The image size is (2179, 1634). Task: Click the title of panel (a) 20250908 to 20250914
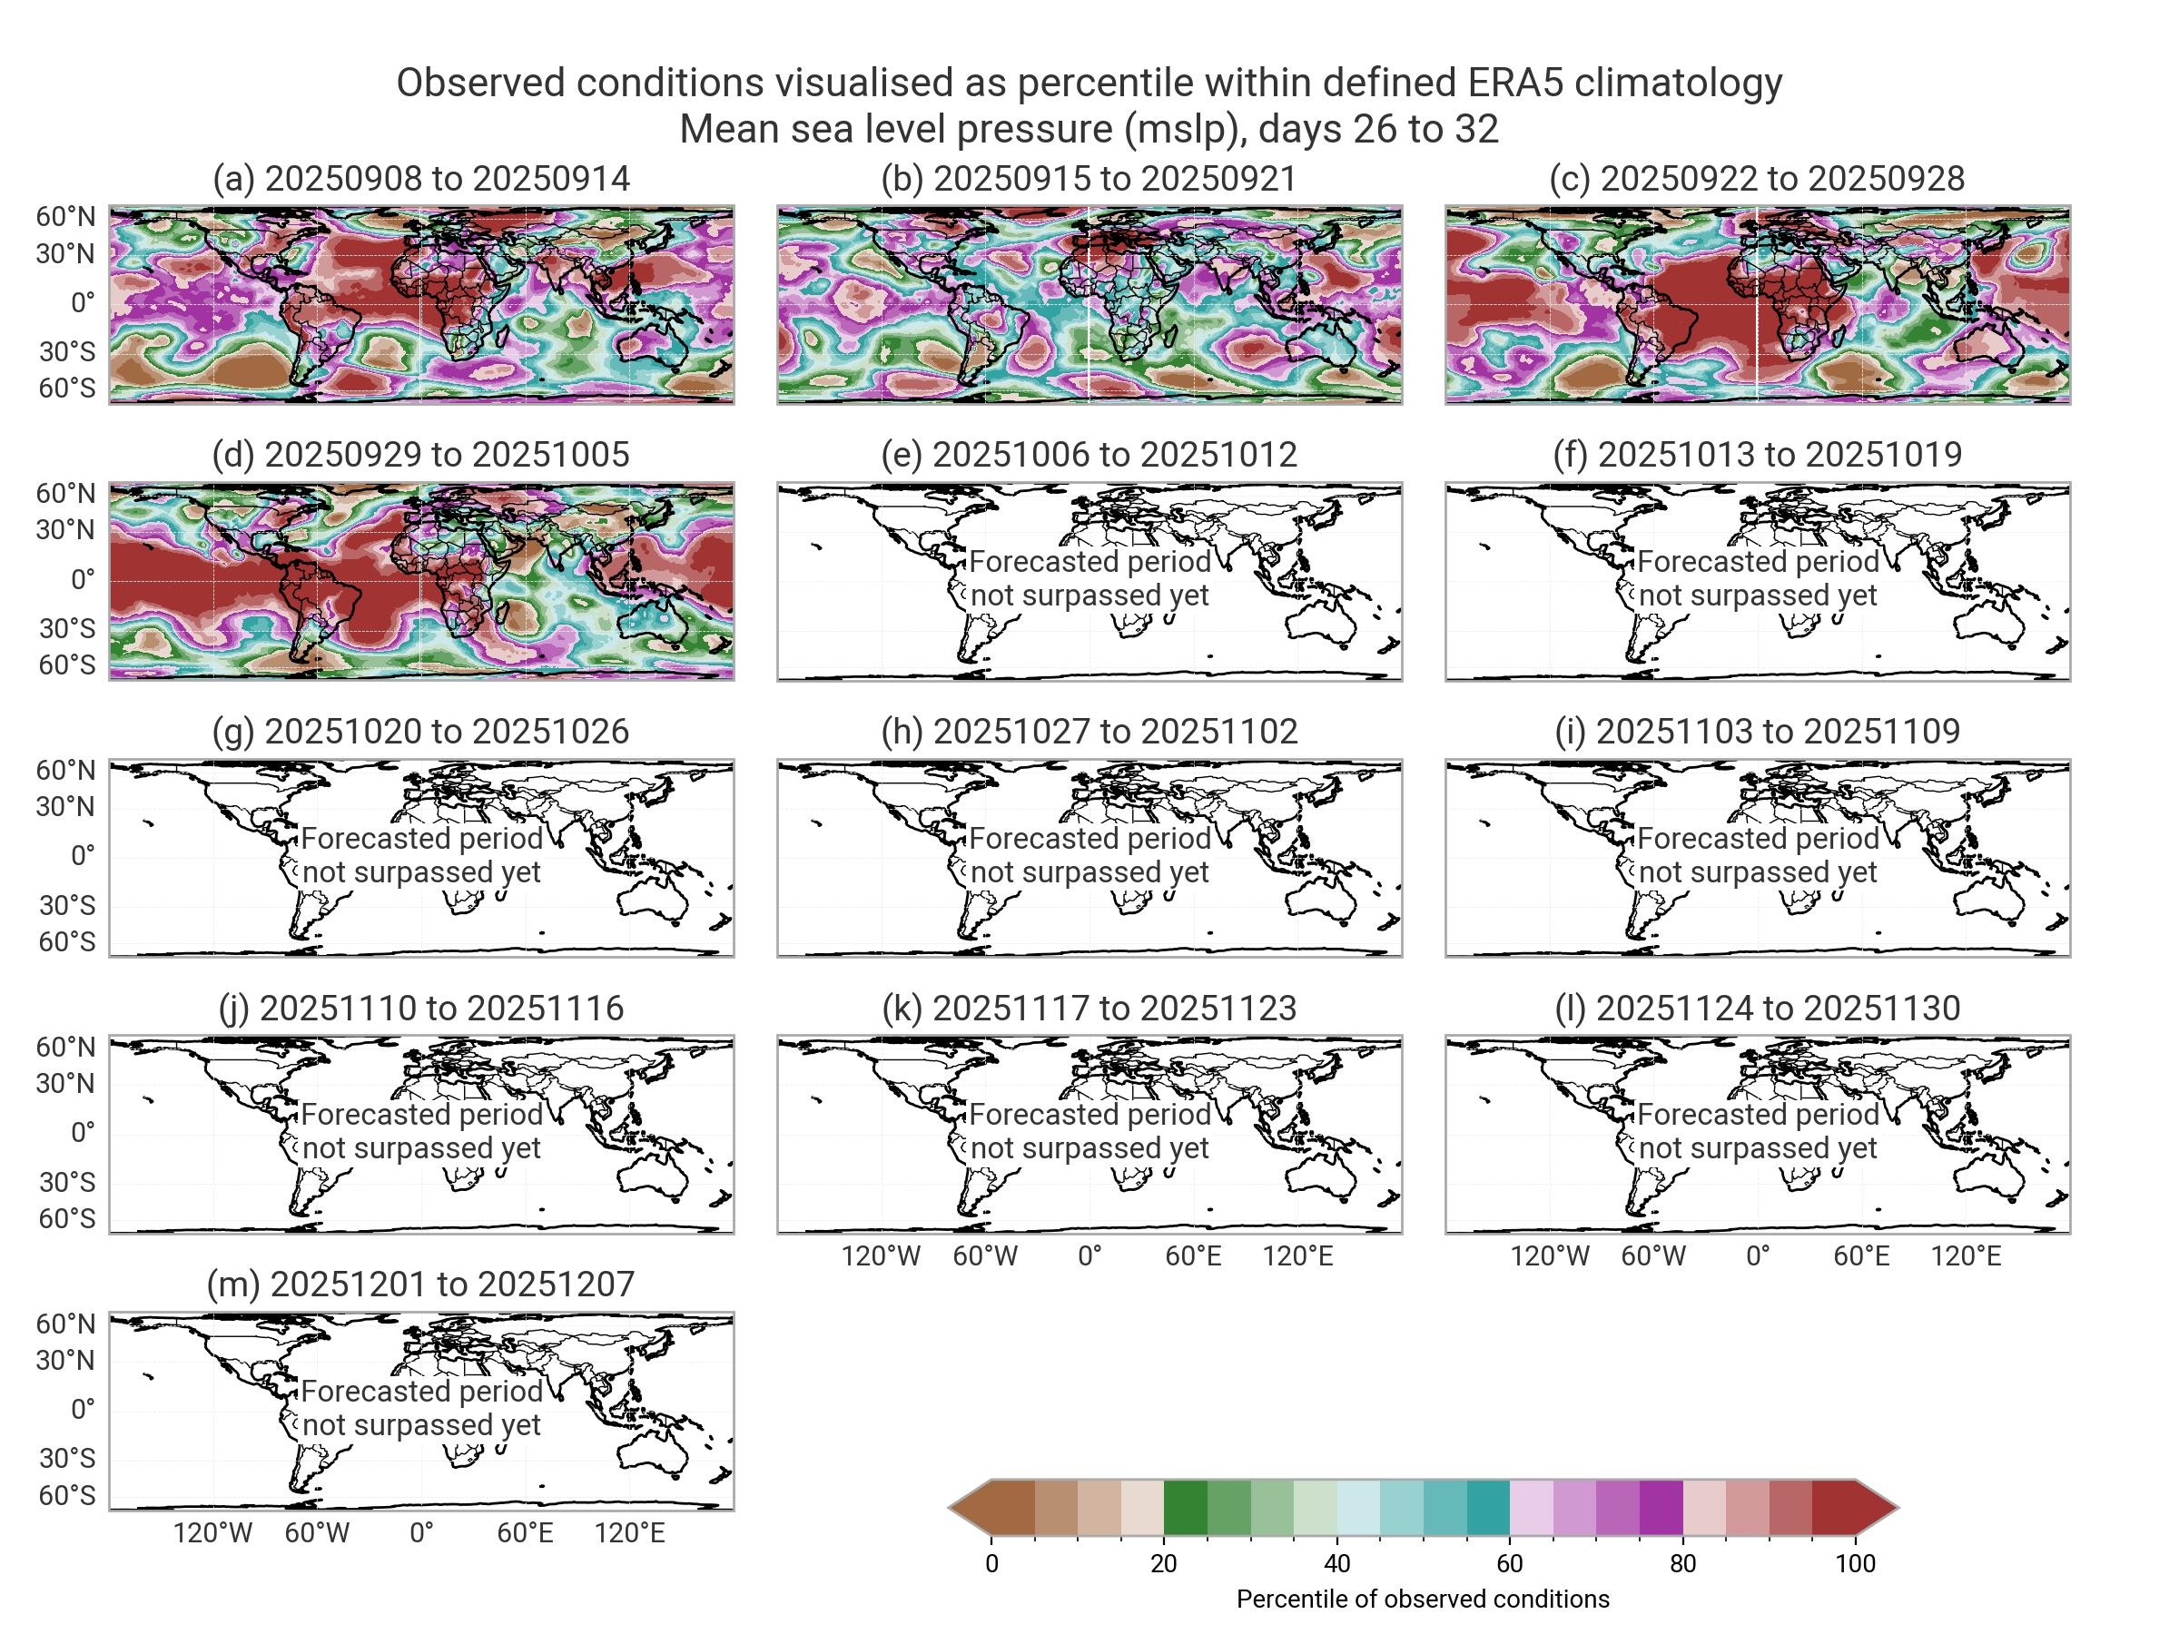(x=420, y=178)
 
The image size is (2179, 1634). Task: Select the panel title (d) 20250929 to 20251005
(x=420, y=454)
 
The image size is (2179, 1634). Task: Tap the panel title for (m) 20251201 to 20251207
(x=420, y=1285)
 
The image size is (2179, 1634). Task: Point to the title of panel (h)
(x=1089, y=731)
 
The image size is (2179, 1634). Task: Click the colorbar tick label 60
(x=1509, y=1564)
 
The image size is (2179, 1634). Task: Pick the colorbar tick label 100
(x=1855, y=1564)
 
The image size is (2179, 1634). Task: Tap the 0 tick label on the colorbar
(x=991, y=1564)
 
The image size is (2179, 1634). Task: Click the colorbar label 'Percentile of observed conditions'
(x=1423, y=1600)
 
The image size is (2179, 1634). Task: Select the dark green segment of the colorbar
(x=1185, y=1508)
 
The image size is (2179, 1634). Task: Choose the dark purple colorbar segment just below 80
(x=1661, y=1508)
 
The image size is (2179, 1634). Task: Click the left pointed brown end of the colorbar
(x=971, y=1508)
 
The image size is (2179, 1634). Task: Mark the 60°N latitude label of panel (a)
(x=66, y=217)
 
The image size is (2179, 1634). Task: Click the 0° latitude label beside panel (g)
(x=83, y=856)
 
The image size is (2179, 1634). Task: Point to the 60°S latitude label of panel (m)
(x=67, y=1495)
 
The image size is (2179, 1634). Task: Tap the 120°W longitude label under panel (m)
(x=212, y=1533)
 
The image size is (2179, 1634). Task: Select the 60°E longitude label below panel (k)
(x=1193, y=1256)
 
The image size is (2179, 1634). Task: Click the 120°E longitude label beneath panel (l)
(x=1966, y=1256)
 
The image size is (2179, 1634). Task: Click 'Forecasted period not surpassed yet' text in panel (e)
(x=1089, y=579)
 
